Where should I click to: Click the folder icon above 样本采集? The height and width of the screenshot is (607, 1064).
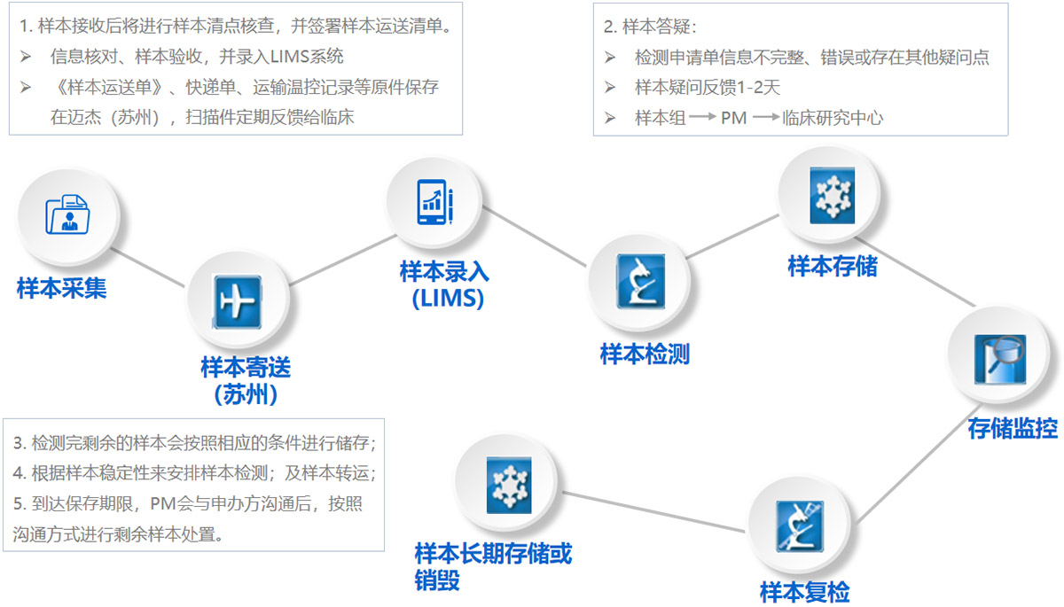tap(67, 214)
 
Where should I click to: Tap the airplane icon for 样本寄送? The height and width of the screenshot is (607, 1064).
tap(236, 302)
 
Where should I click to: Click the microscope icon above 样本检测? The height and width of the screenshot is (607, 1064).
tap(639, 282)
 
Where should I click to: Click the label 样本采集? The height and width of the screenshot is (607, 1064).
tap(62, 289)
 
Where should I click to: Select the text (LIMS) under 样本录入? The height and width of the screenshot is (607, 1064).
tap(448, 299)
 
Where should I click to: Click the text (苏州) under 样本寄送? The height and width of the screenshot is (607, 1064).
tap(246, 393)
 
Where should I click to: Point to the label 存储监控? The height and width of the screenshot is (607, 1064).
tap(1013, 430)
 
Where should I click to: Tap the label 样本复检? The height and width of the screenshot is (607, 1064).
tap(804, 592)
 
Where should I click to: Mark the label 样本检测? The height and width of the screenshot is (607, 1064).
tap(645, 354)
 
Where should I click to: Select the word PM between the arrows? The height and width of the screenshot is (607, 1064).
tap(733, 117)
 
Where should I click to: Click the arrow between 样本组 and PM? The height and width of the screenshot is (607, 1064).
tap(702, 117)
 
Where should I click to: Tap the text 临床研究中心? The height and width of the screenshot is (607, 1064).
tap(833, 117)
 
